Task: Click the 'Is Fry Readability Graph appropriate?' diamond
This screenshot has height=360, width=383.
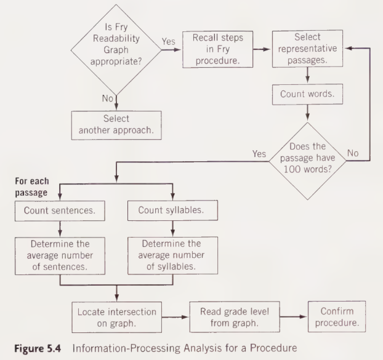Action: tap(114, 47)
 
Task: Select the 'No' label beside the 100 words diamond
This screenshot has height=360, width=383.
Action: tap(354, 153)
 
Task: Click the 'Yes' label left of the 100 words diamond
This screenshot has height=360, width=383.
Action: tap(259, 153)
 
